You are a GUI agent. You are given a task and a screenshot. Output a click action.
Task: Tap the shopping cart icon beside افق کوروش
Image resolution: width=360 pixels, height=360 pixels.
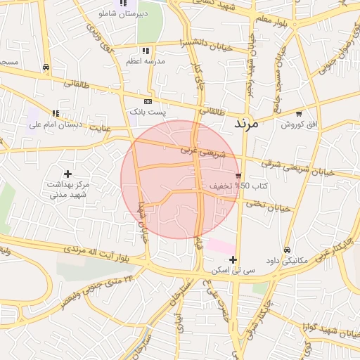tap(300, 113)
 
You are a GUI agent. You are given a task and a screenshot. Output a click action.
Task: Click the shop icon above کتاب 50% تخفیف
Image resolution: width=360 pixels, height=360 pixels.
tap(239, 174)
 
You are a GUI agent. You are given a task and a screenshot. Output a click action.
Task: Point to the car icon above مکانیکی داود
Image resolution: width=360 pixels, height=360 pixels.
tap(287, 250)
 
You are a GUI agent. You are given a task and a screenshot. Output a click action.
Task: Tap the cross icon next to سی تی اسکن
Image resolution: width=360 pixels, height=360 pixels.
tap(233, 259)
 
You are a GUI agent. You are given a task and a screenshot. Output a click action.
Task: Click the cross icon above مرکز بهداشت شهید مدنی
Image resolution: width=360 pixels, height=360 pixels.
tap(67, 173)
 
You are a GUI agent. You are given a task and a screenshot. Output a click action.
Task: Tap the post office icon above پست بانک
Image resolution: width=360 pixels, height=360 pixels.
tap(147, 101)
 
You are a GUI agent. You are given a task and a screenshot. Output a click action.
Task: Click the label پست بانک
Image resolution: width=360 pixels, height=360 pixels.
tap(147, 112)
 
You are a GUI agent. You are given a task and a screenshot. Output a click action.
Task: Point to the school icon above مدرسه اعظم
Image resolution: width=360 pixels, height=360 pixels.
tap(145, 51)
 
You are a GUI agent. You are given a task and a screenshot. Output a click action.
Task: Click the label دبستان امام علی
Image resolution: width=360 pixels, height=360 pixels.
tap(56, 124)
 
